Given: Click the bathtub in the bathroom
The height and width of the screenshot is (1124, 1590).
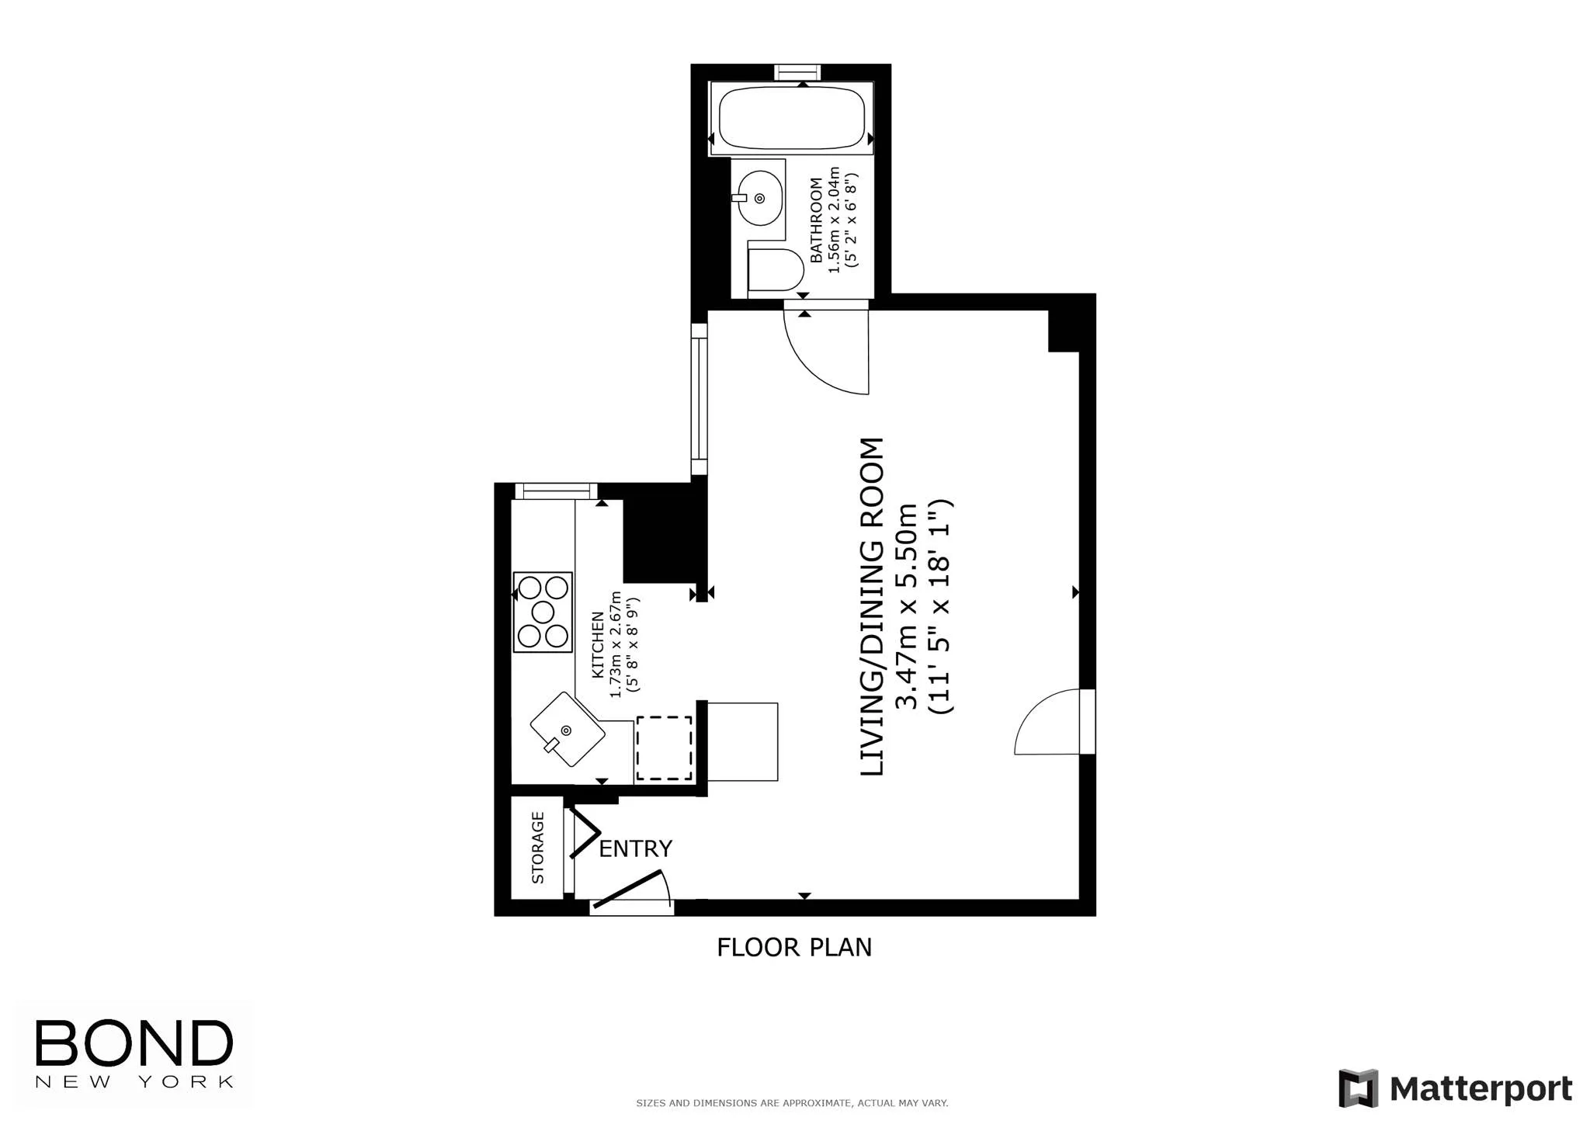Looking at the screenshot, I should [x=791, y=118].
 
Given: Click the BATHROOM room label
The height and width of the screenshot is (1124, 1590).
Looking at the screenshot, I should [x=816, y=220].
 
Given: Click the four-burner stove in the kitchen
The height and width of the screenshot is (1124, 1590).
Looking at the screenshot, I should [x=543, y=612].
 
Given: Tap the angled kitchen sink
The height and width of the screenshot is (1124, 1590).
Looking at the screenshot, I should [x=568, y=730].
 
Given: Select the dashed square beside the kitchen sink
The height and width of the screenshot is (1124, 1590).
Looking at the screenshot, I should [x=664, y=748].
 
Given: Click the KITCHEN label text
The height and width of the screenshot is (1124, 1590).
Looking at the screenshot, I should [x=598, y=645].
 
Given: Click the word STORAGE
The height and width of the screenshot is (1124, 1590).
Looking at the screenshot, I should [x=537, y=848].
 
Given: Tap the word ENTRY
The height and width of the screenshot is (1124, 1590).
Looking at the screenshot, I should [x=635, y=849].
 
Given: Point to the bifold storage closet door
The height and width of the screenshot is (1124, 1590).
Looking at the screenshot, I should [x=584, y=832].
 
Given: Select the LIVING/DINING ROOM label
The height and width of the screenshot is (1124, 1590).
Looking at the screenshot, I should [x=873, y=606].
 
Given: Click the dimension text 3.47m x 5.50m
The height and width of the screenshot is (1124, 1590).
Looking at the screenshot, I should [x=907, y=606].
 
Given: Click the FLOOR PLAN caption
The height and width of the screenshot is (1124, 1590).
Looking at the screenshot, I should [x=793, y=948].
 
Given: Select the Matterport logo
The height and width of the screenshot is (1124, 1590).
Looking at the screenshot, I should [x=1455, y=1088].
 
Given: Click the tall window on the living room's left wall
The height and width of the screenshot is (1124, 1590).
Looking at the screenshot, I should [x=699, y=399].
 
